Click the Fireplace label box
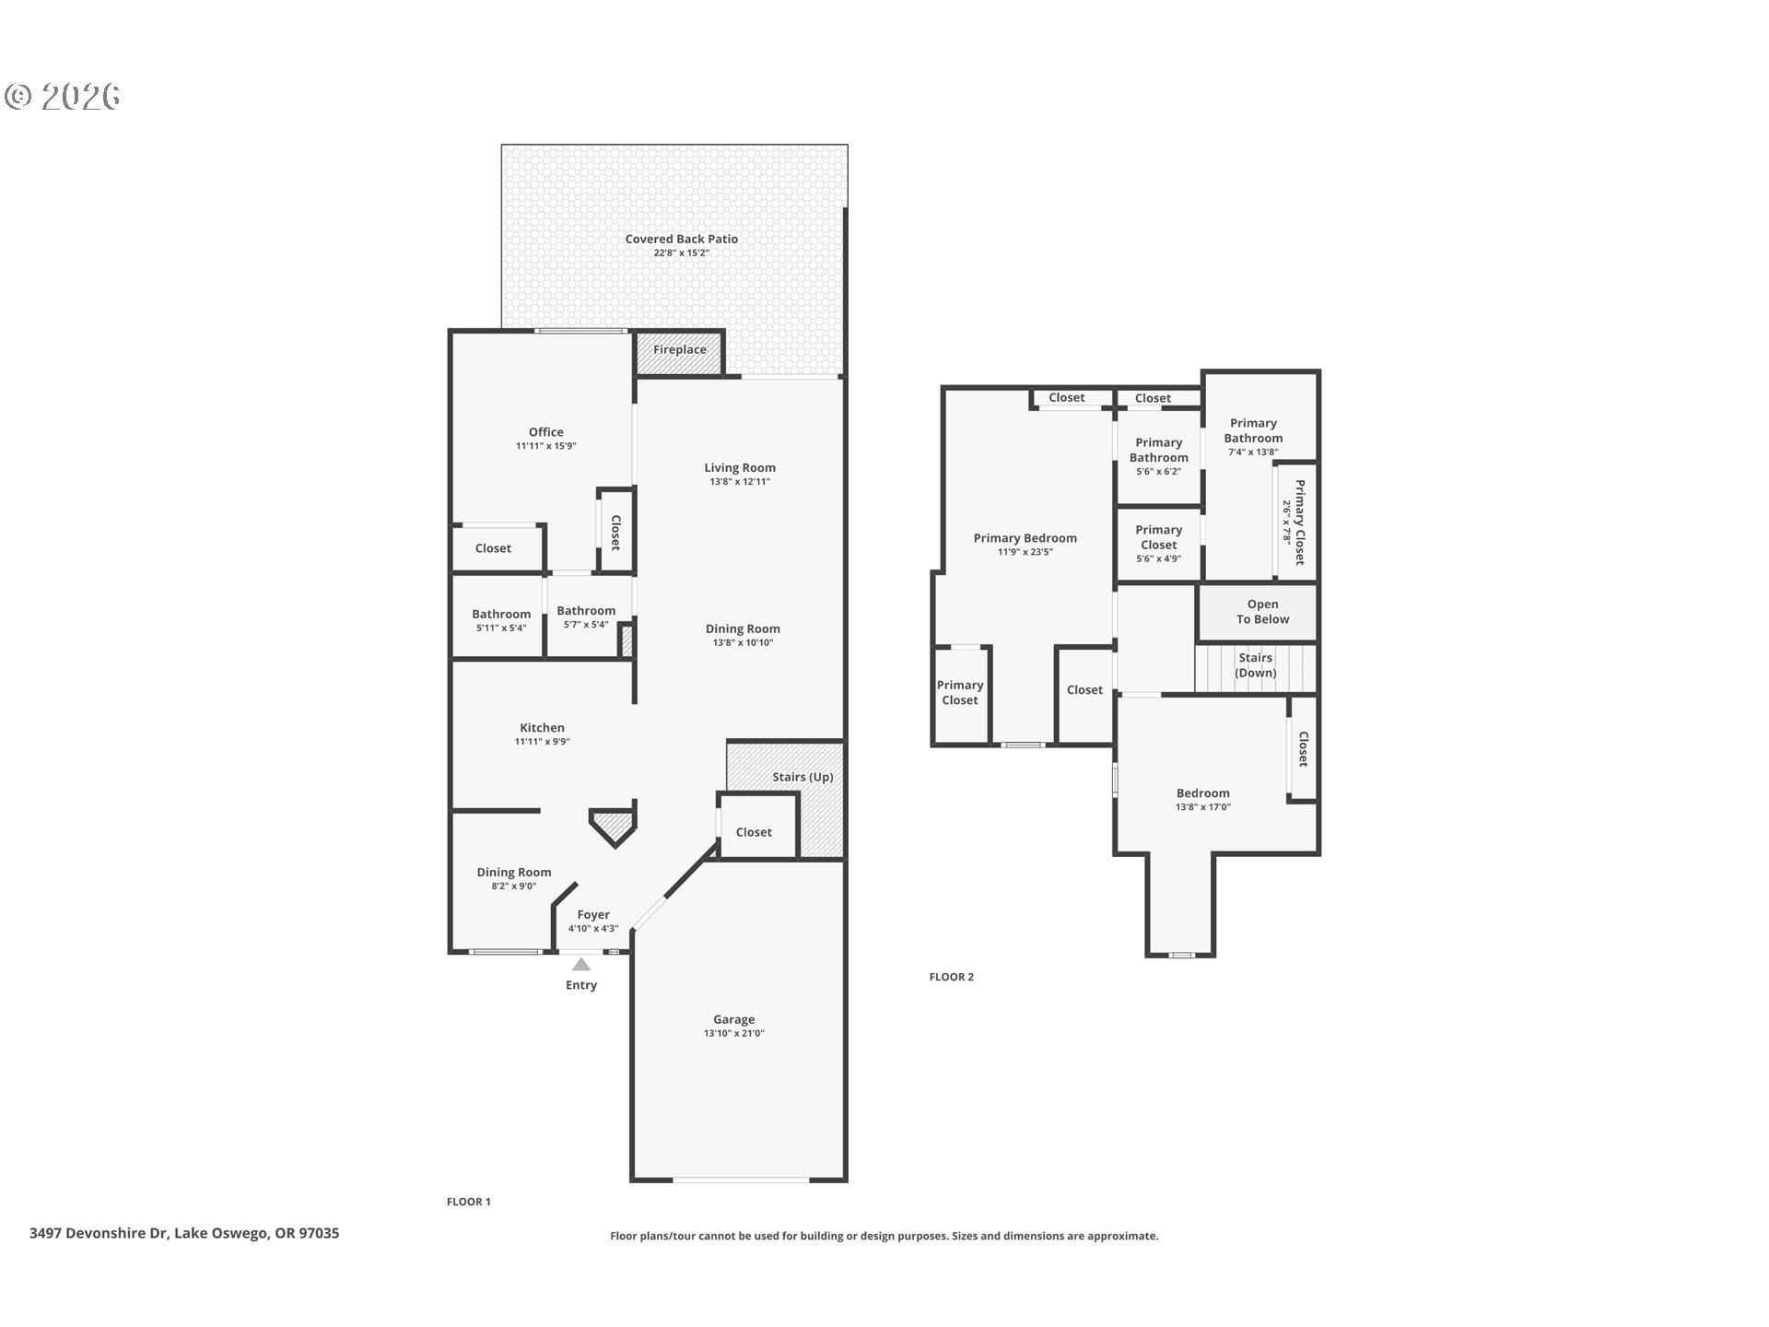tap(679, 351)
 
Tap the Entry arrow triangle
tap(580, 965)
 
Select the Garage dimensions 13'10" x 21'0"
tap(733, 1034)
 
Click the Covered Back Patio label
tap(681, 240)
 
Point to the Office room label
tap(545, 432)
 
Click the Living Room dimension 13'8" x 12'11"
tap(739, 482)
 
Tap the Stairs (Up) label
tap(802, 777)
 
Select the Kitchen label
tap(542, 728)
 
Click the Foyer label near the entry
tap(593, 915)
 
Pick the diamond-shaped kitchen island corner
tap(613, 826)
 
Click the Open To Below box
tap(1261, 612)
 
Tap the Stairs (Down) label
tap(1255, 665)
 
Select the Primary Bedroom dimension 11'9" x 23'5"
tap(1025, 553)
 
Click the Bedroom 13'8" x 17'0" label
tap(1202, 793)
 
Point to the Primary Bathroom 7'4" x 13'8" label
tap(1252, 431)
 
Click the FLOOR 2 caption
tap(951, 977)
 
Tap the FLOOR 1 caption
tap(468, 1202)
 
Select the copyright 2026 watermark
tap(63, 96)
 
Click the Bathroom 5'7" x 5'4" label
tap(585, 611)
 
